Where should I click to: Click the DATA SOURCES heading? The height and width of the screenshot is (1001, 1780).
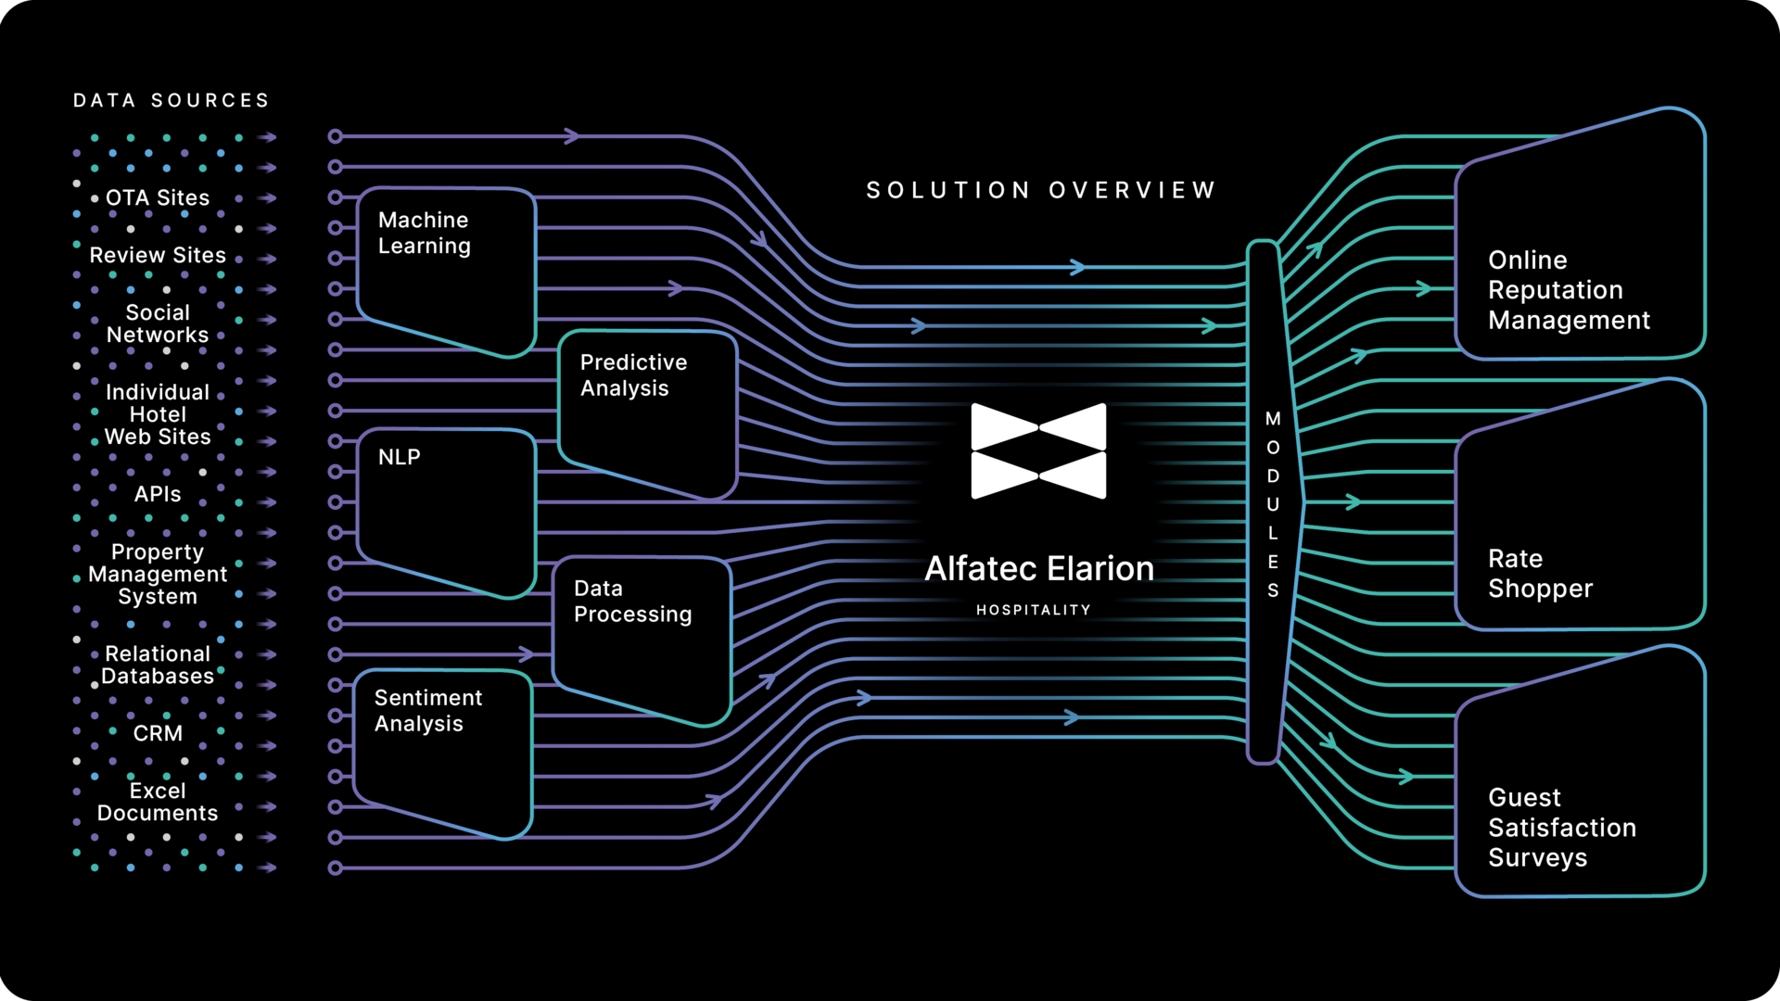[172, 100]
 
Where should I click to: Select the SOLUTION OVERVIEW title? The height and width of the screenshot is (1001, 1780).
[1040, 190]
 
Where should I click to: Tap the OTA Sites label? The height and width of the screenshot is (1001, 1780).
[158, 197]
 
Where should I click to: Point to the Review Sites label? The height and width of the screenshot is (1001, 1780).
[158, 255]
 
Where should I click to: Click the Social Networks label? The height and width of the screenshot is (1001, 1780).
[158, 323]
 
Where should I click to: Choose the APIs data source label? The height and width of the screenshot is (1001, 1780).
[158, 494]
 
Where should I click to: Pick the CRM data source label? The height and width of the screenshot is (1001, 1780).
[158, 733]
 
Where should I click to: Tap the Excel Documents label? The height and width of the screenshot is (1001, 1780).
[158, 802]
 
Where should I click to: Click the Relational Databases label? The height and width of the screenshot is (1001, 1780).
[158, 665]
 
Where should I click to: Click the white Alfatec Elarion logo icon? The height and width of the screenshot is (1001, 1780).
[1038, 451]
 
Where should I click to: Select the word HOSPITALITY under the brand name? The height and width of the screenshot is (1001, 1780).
[1034, 610]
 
